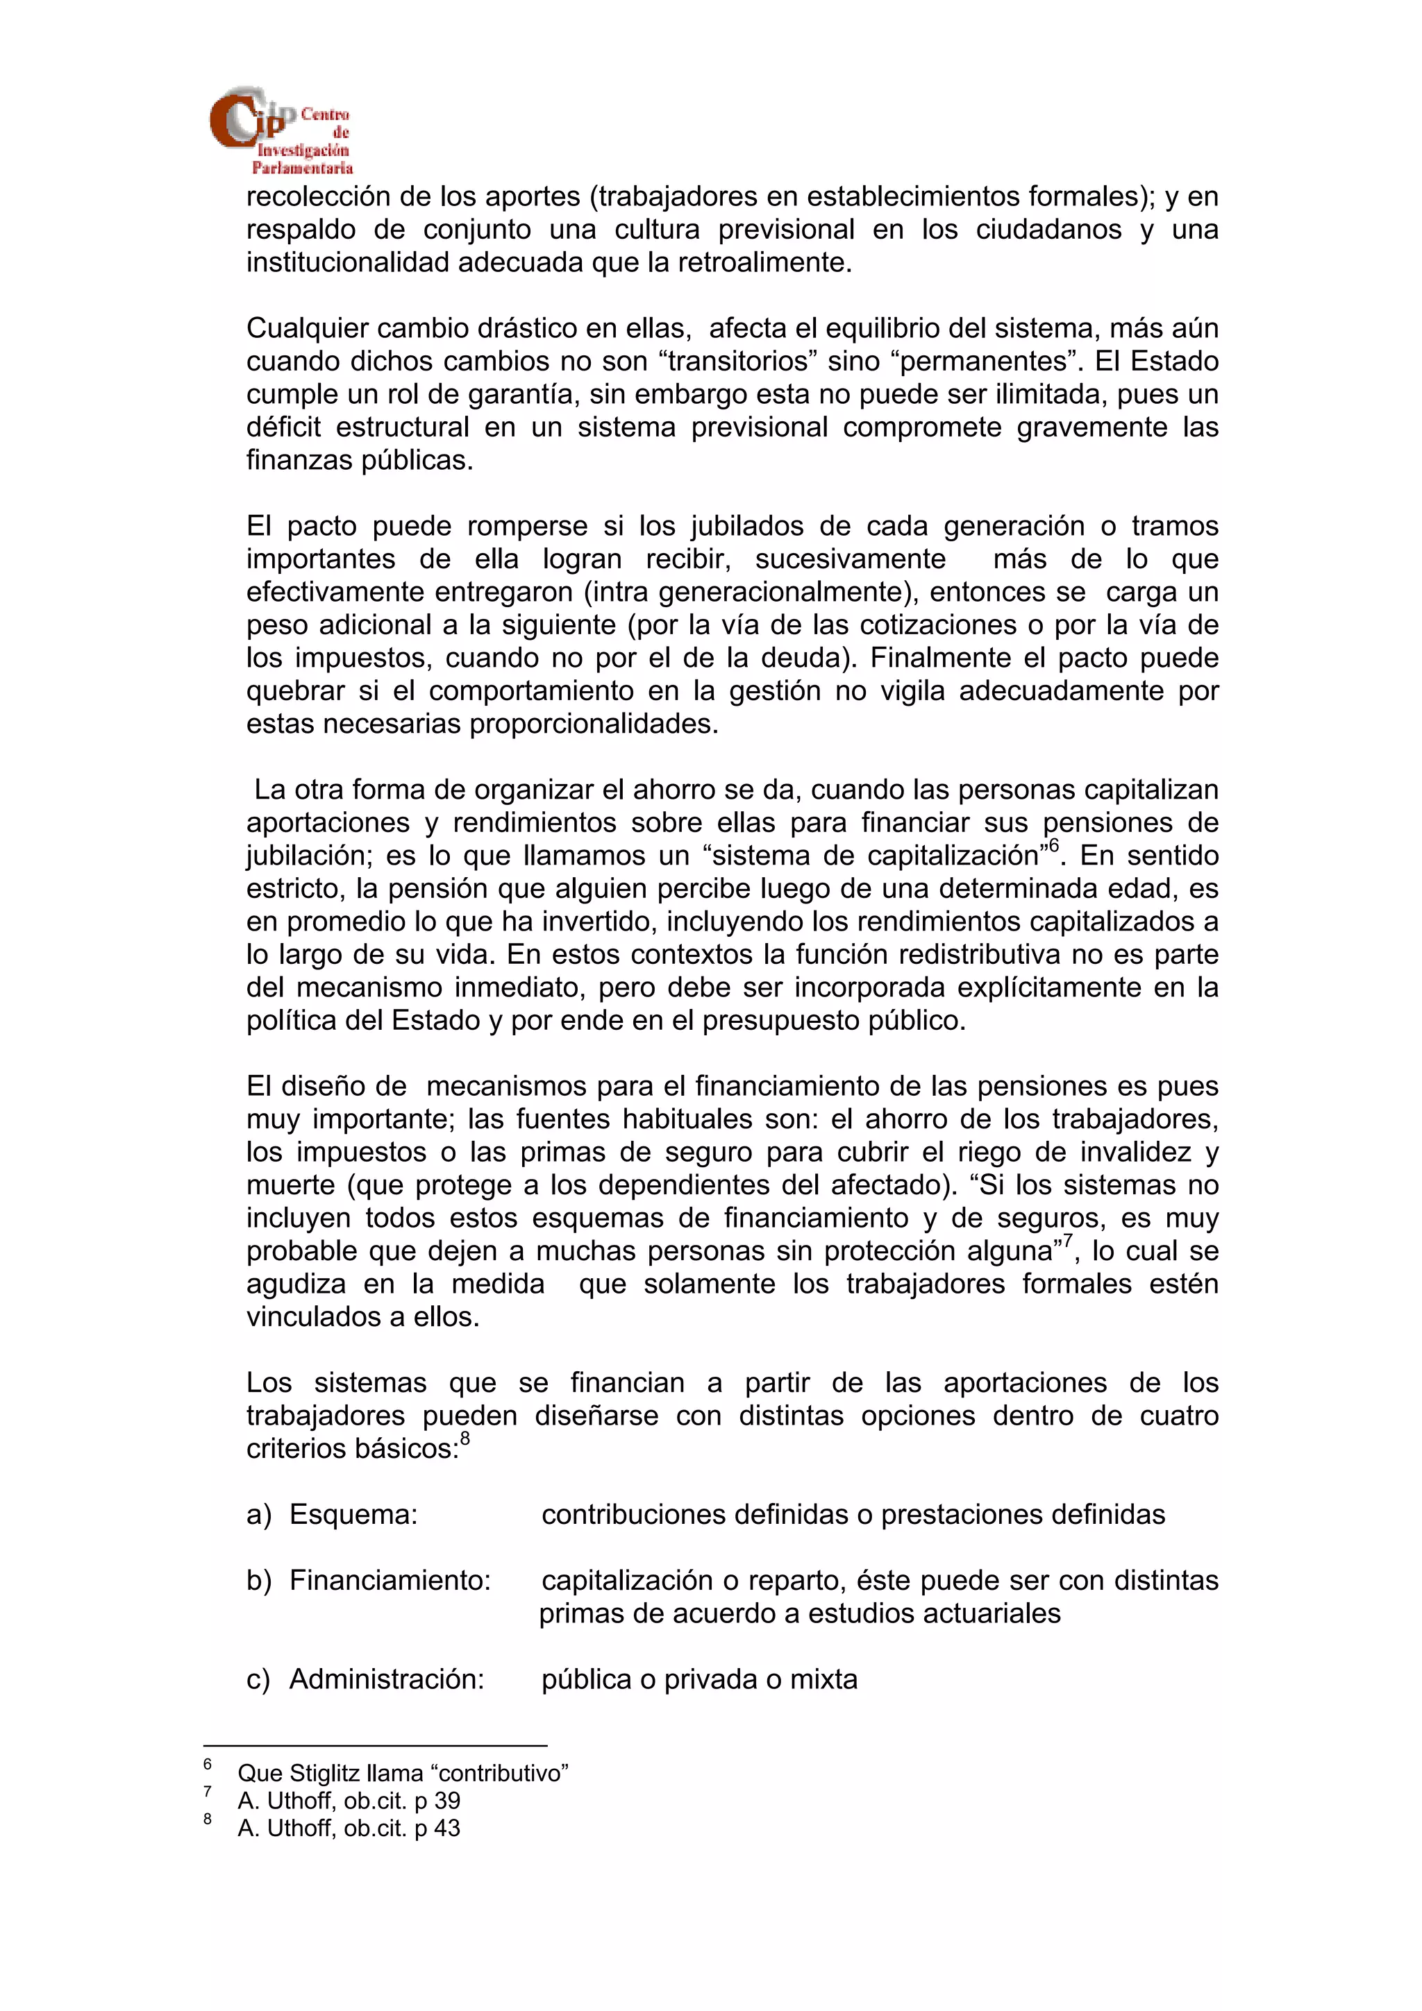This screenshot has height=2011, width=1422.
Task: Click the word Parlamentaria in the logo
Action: (x=303, y=168)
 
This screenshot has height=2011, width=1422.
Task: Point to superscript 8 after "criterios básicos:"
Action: (x=465, y=1439)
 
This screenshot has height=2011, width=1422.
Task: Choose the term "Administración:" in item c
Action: (x=386, y=1680)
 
